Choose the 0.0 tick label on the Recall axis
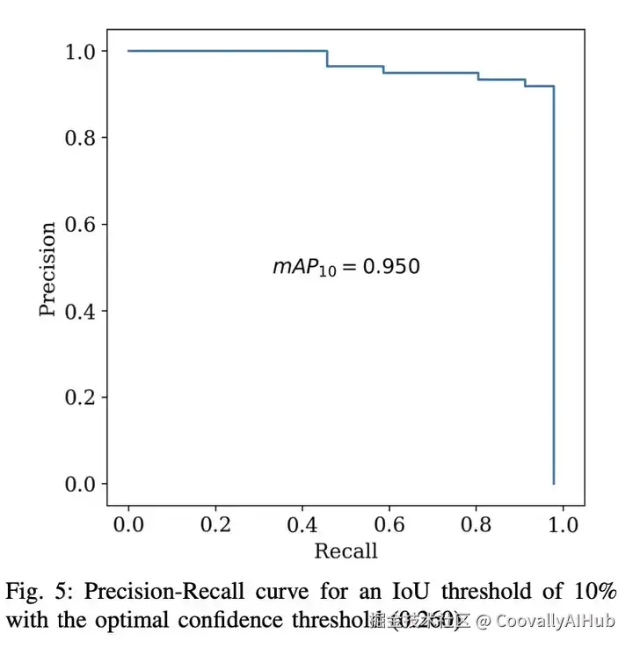click(x=128, y=525)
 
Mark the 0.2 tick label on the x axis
click(x=215, y=525)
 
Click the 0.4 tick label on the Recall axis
click(x=302, y=525)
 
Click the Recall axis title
click(x=346, y=551)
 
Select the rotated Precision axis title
click(x=48, y=268)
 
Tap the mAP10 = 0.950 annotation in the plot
click(x=346, y=266)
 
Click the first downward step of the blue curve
click(x=327, y=59)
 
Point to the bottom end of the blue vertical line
click(x=553, y=483)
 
